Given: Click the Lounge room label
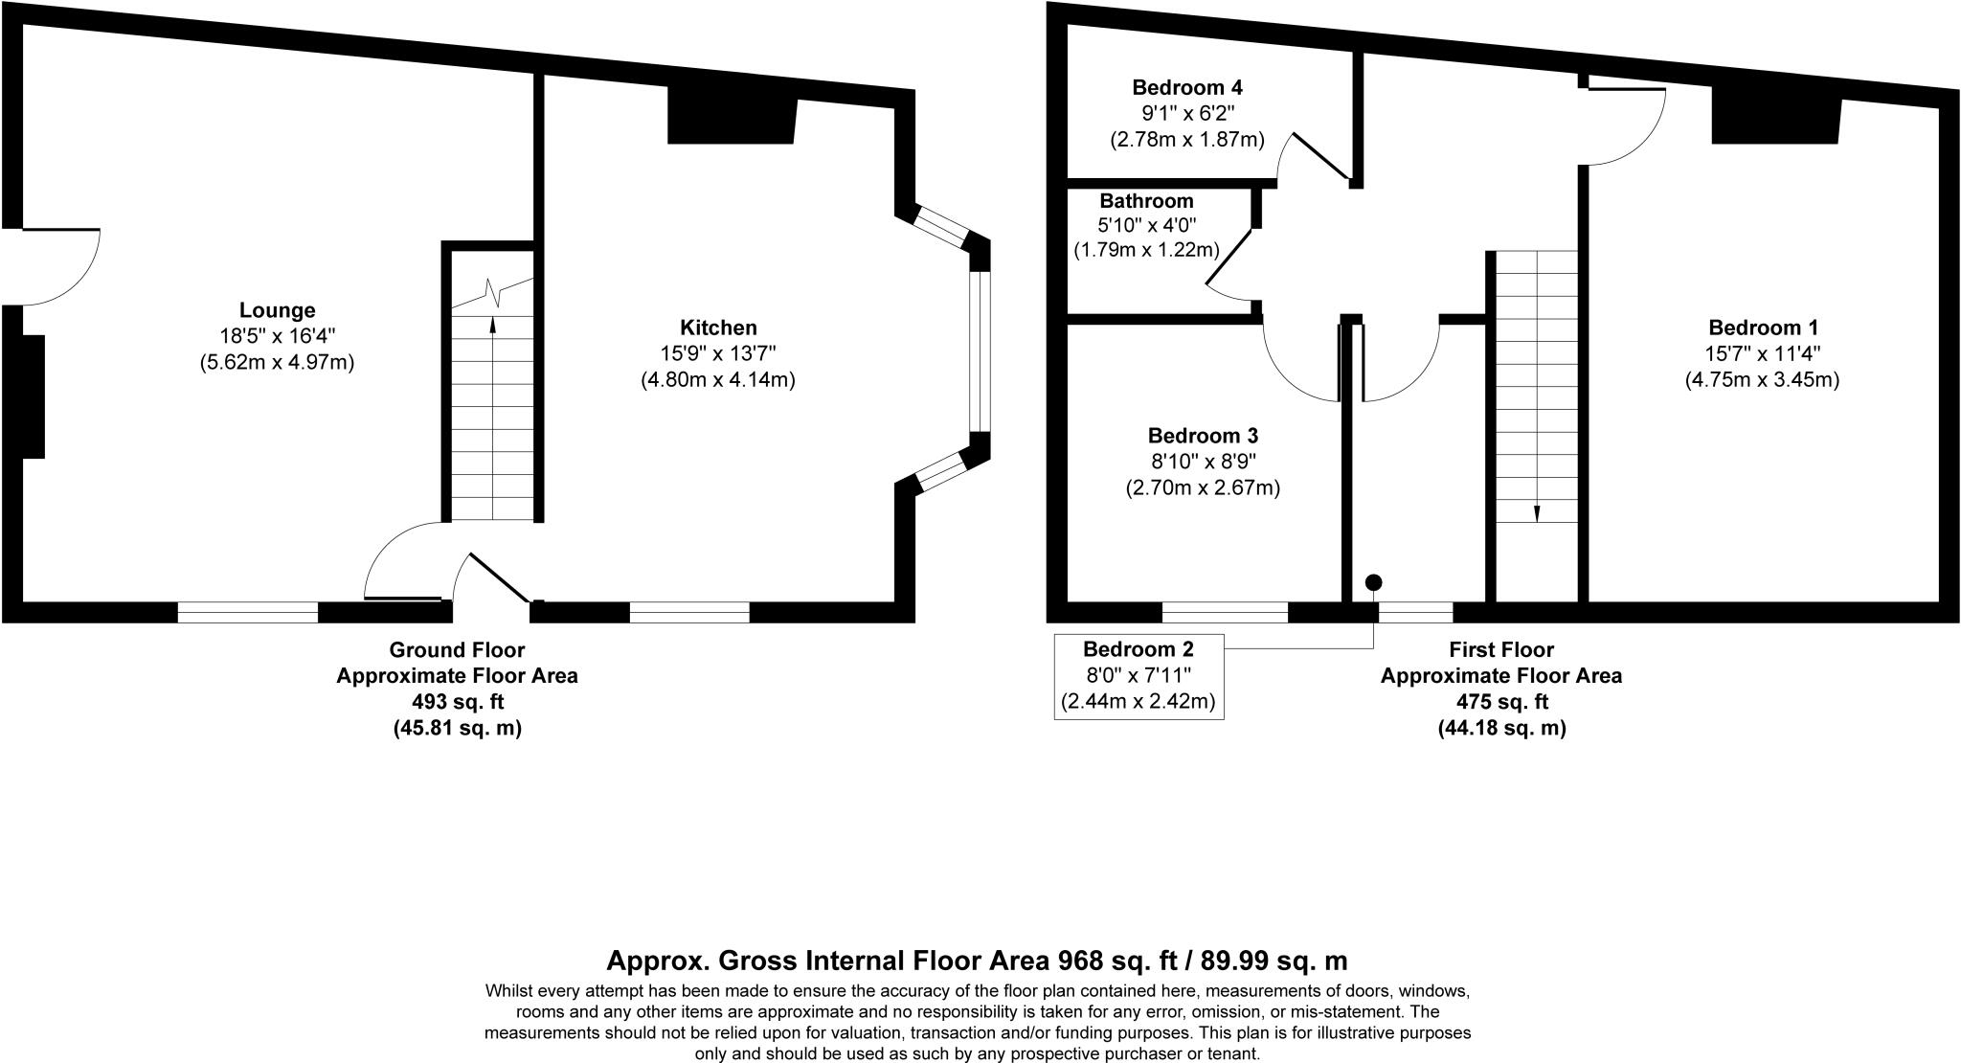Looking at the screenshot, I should click(x=277, y=310).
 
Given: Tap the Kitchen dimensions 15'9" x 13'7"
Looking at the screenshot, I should click(x=718, y=353).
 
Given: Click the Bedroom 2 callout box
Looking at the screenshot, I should click(x=1138, y=675).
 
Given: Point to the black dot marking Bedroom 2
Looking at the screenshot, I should click(x=1374, y=582).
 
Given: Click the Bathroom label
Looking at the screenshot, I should click(x=1146, y=201).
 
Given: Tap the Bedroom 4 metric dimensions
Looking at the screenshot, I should click(x=1187, y=140).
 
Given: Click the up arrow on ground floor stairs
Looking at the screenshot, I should click(x=493, y=325).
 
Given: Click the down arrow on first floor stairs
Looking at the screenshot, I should click(x=1537, y=512).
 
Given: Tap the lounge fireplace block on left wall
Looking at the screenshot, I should click(x=33, y=396).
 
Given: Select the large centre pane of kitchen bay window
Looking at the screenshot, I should click(x=979, y=352).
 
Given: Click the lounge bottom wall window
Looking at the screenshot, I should click(x=248, y=612).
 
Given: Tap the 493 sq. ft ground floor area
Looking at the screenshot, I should click(x=457, y=702).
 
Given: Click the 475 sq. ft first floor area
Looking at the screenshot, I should click(x=1501, y=702).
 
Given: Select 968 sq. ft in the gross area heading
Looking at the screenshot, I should click(x=1110, y=961).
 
